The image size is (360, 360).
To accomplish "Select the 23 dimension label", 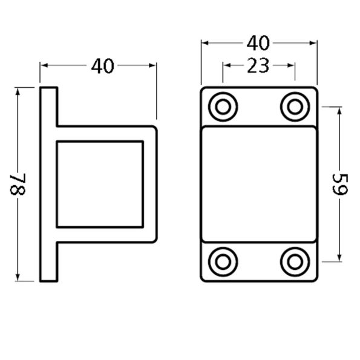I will pos(258,66).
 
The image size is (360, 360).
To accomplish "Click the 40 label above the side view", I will pos(102,66).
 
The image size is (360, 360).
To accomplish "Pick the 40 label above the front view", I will pos(258,44).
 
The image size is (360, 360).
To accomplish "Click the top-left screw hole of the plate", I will pos(223,106).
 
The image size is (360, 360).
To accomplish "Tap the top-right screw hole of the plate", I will pos(295,106).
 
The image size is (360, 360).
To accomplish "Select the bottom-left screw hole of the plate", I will pos(223,261).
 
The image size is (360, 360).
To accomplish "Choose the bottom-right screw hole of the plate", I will pos(295,261).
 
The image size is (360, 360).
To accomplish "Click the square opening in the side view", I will pos(100,184).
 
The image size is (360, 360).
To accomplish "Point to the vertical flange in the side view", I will pos(49,184).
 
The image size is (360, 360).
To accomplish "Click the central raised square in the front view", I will pos(258,184).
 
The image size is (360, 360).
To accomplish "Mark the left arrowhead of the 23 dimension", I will pos(226,66).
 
